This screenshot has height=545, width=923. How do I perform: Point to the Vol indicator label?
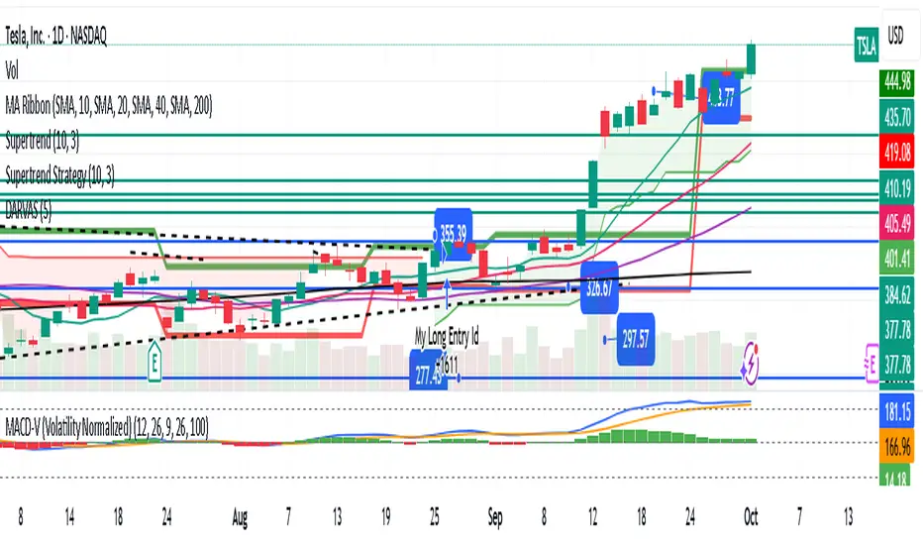click(x=11, y=70)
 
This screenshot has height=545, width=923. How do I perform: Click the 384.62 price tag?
click(x=900, y=293)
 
